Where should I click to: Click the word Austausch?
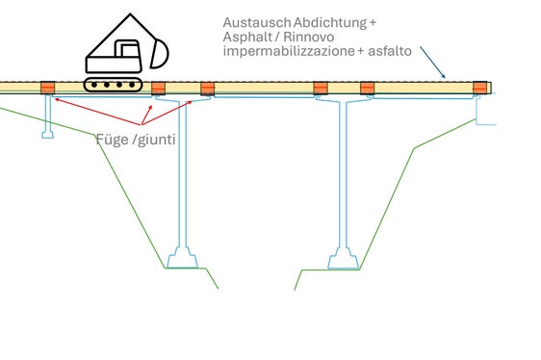[250, 22]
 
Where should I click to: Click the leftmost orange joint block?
[49, 89]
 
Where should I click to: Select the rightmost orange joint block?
[480, 89]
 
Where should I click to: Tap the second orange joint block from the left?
[160, 89]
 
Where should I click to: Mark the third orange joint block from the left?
[206, 89]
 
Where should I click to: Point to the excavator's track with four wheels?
[113, 86]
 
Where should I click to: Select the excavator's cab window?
[124, 49]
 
